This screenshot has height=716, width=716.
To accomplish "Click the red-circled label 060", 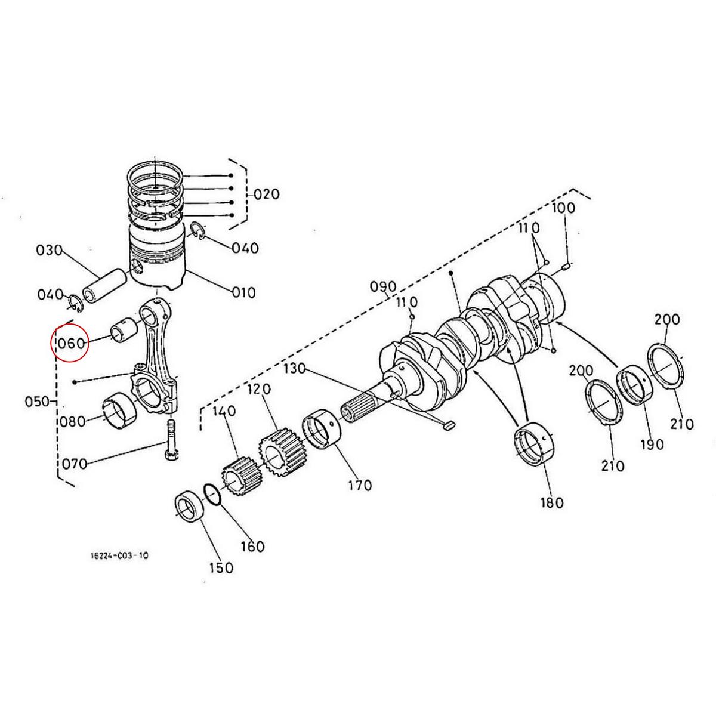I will (x=71, y=343).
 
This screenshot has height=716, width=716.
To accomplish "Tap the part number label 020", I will (x=266, y=195).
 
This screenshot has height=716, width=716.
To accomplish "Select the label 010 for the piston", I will (x=243, y=292).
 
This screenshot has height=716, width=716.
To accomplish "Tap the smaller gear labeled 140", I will (x=238, y=476).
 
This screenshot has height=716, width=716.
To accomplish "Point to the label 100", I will (x=563, y=208).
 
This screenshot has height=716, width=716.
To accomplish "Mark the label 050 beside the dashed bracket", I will (x=37, y=401).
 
